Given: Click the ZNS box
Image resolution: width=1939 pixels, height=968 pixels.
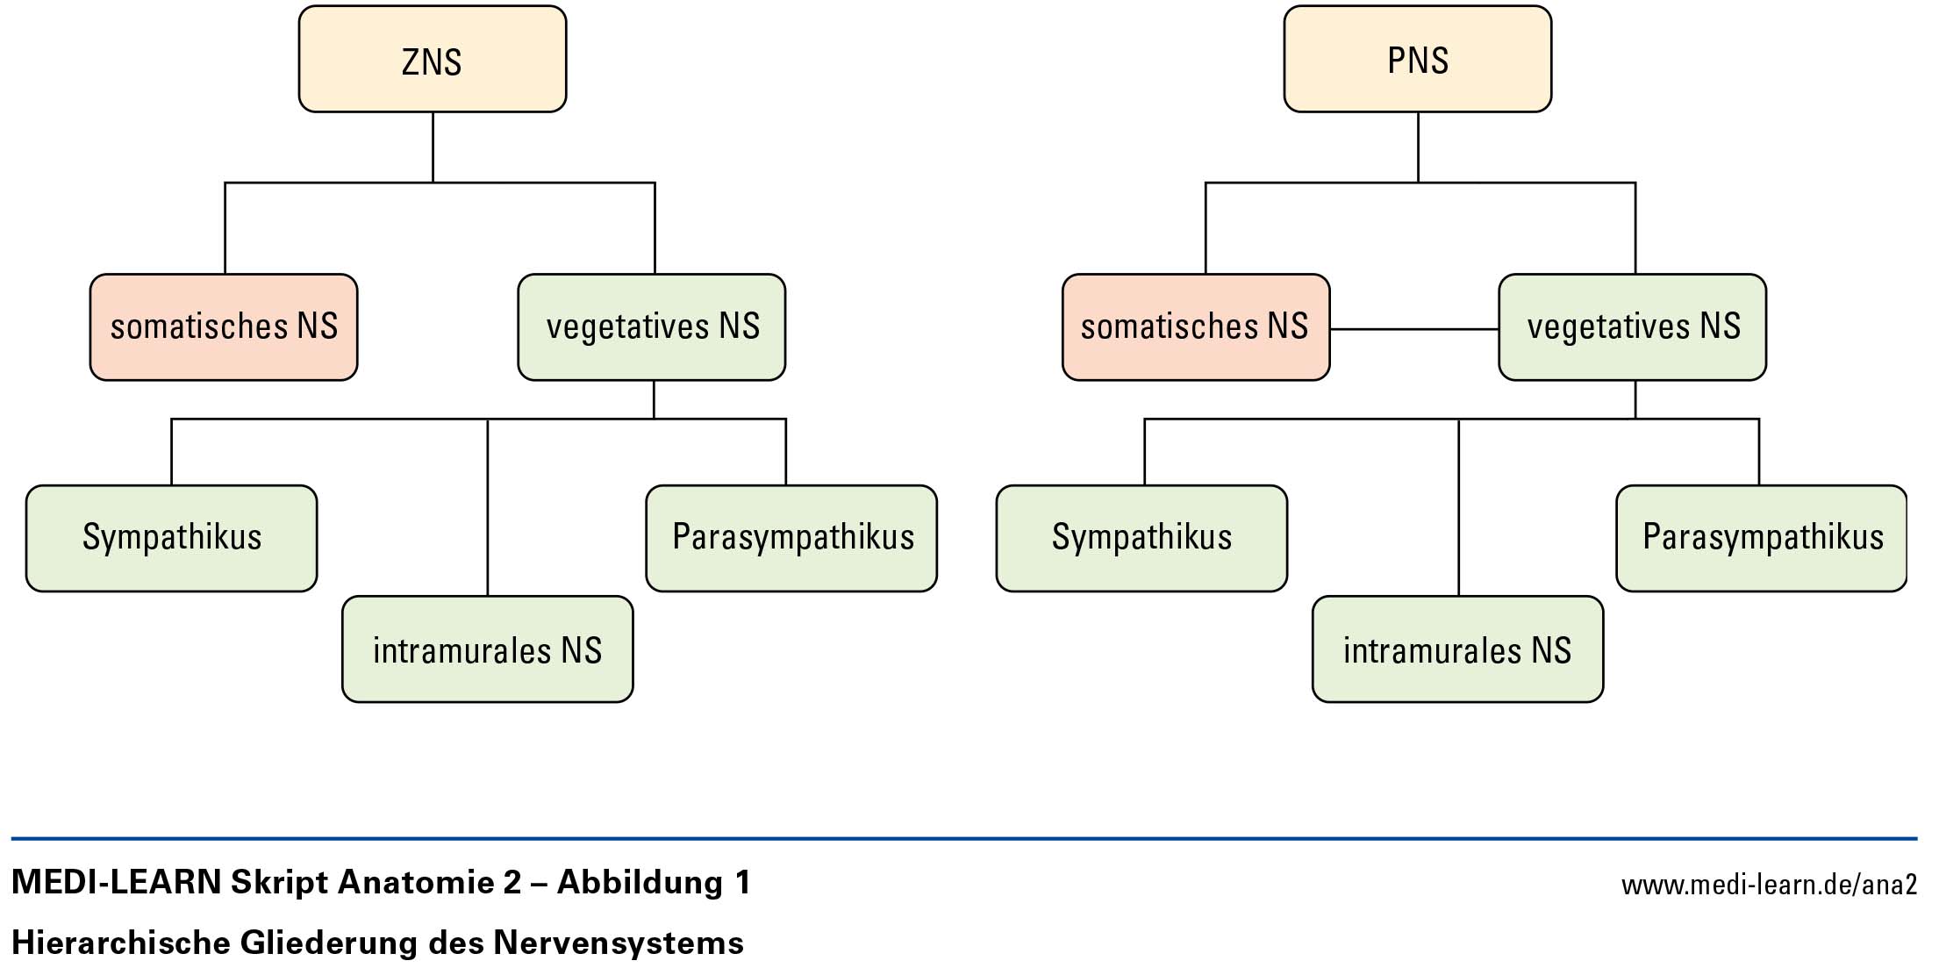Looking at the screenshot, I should tap(432, 60).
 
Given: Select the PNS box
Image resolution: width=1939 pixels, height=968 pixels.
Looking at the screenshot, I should tap(1417, 60).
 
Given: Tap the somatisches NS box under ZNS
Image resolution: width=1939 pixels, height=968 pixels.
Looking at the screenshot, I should tap(224, 326).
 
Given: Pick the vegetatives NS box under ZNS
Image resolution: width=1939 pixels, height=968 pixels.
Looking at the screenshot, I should tap(652, 326).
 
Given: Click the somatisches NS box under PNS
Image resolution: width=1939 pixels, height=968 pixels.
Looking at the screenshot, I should tap(1195, 326).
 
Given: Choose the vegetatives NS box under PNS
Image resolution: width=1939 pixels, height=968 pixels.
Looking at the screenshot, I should tap(1632, 326).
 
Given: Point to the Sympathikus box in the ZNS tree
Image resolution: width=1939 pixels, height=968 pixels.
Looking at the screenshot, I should tap(172, 538).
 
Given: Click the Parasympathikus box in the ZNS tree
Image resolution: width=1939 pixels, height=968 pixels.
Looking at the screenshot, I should tap(791, 538).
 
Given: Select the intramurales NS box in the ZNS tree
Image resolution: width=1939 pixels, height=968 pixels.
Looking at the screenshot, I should tap(487, 649).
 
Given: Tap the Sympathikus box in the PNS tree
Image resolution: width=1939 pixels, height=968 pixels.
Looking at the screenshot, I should tap(1141, 538).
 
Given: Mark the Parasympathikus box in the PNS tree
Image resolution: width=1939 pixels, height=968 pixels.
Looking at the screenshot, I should tap(1762, 538).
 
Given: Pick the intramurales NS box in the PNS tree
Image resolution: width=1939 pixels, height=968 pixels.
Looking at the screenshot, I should tap(1457, 649).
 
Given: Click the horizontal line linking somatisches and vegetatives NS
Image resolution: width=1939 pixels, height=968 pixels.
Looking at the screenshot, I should tap(1413, 329).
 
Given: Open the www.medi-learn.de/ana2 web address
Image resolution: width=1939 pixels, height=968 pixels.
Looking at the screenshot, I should tap(1769, 885).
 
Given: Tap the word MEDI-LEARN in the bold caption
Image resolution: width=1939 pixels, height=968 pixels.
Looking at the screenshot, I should tap(117, 882).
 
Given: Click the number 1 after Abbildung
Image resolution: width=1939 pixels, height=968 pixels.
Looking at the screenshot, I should tap(743, 882).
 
